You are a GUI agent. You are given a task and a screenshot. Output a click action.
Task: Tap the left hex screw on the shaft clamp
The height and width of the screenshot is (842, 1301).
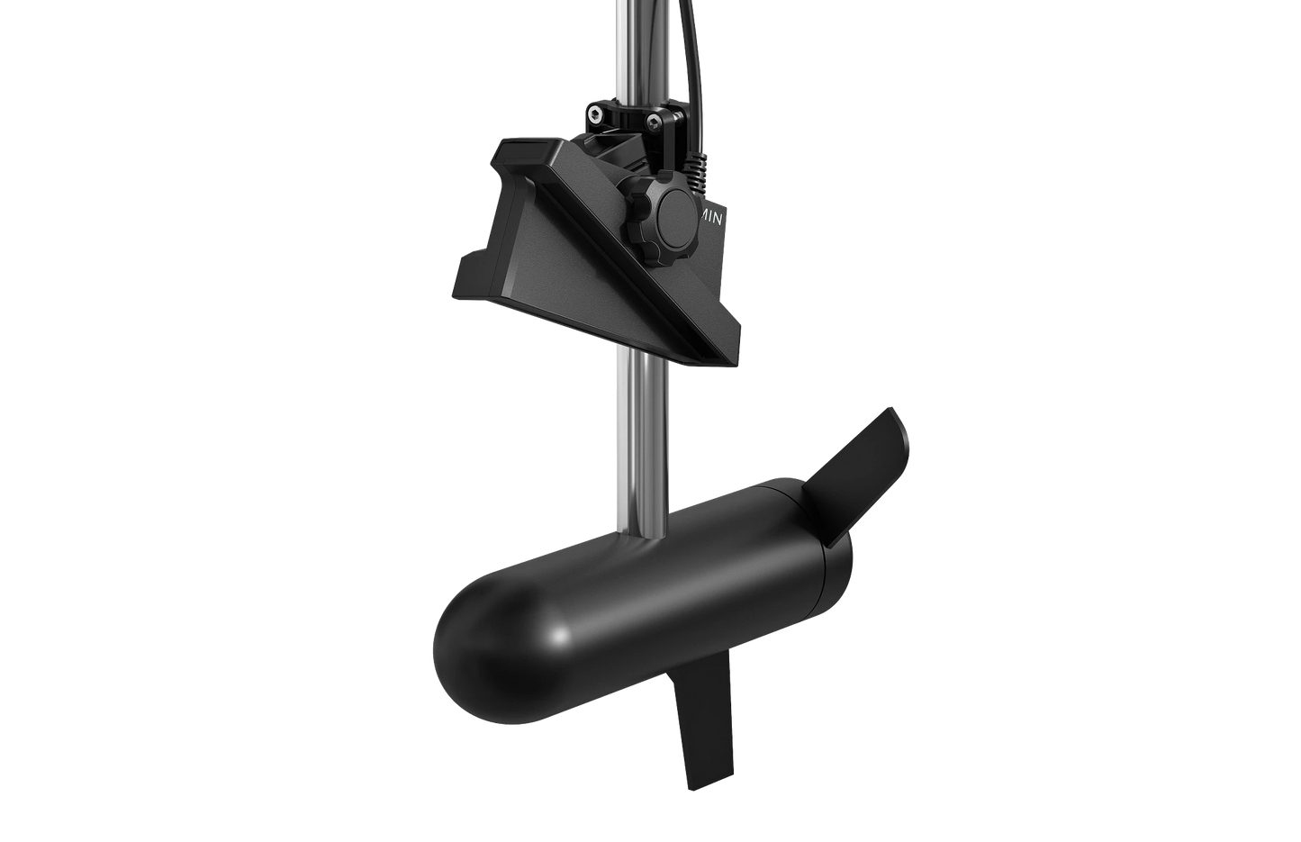point(595,113)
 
